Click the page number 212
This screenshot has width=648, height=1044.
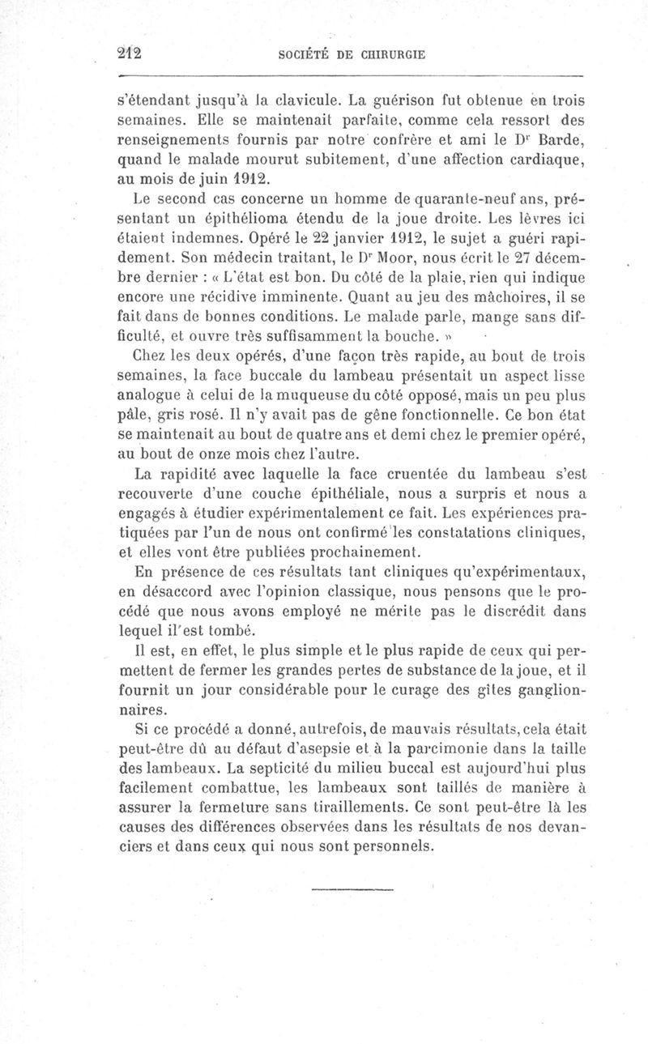tap(129, 54)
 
